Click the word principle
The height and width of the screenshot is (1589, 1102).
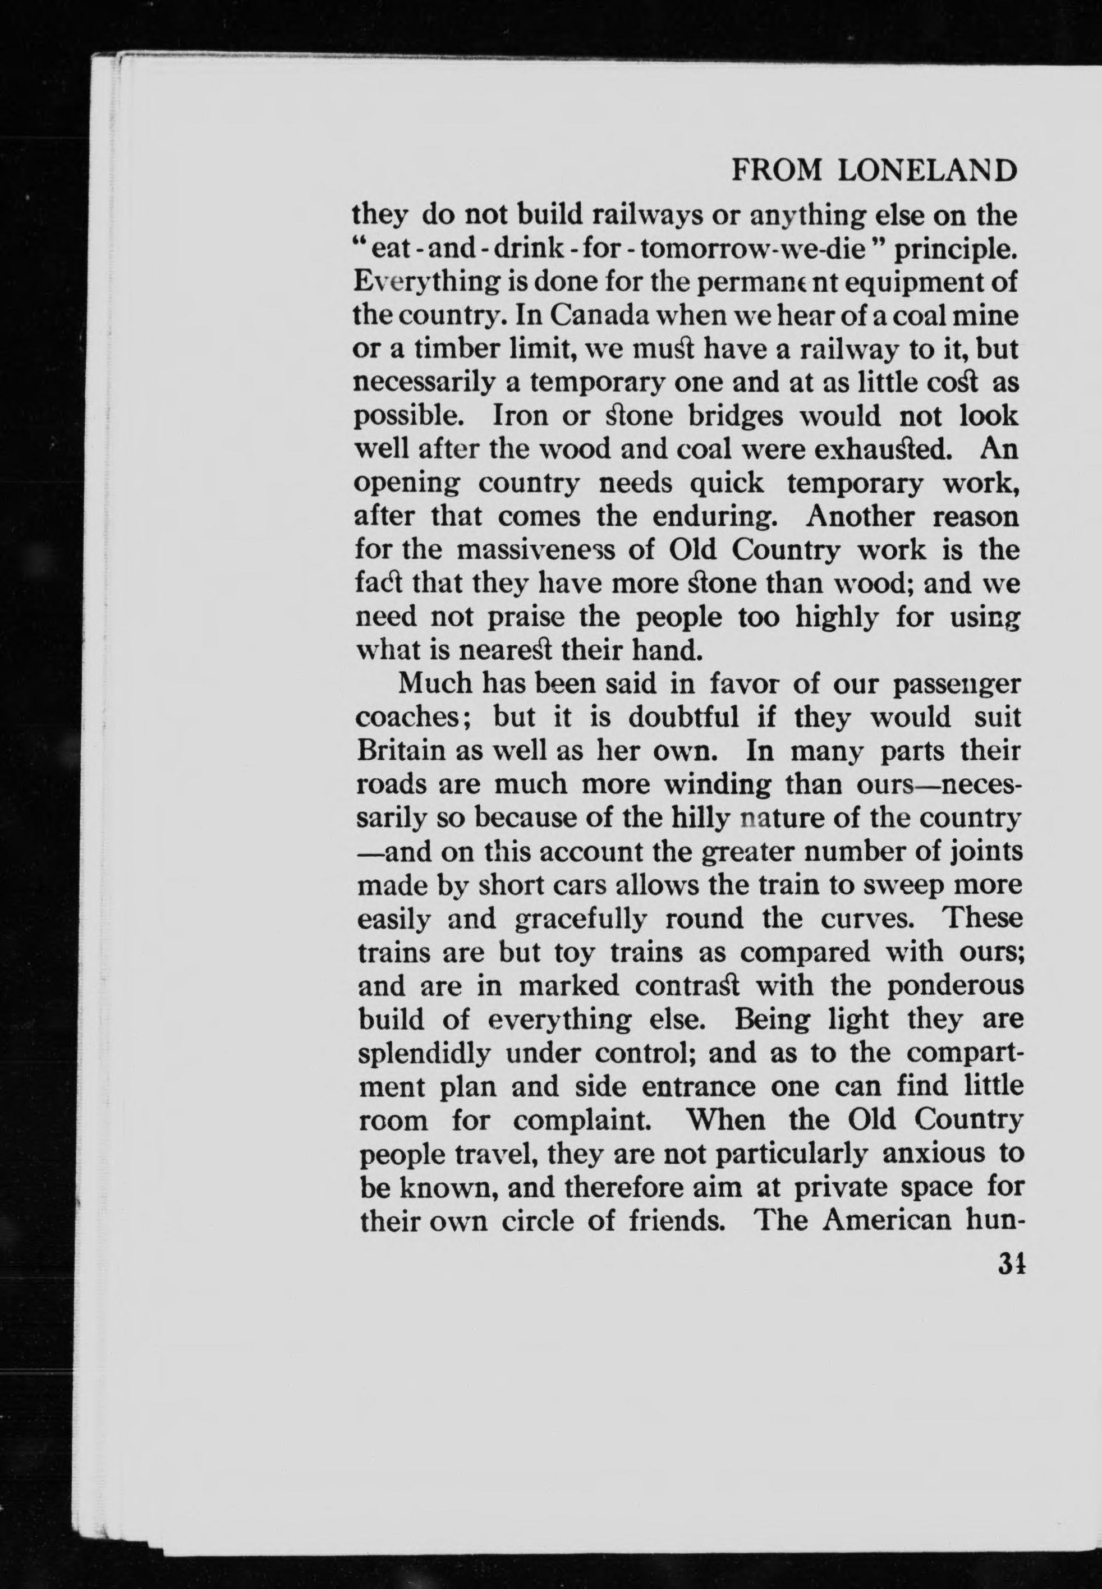pyautogui.click(x=956, y=250)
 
